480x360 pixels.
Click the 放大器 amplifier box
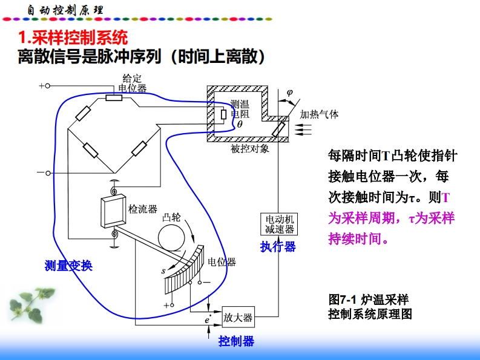pyautogui.click(x=238, y=317)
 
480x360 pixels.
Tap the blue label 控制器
pyautogui.click(x=237, y=341)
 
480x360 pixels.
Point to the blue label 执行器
pyautogui.click(x=278, y=246)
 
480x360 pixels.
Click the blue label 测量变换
pyautogui.click(x=68, y=266)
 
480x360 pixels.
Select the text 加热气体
pyautogui.click(x=319, y=114)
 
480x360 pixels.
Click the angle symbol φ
pyautogui.click(x=289, y=93)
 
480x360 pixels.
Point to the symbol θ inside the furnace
pyautogui.click(x=240, y=124)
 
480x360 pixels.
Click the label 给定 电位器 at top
pyautogui.click(x=133, y=83)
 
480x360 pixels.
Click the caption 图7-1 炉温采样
pyautogui.click(x=368, y=299)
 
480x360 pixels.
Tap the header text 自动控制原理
pyautogui.click(x=66, y=10)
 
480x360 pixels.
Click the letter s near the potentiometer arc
pyautogui.click(x=163, y=271)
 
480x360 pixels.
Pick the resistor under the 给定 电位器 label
pyautogui.click(x=114, y=97)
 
